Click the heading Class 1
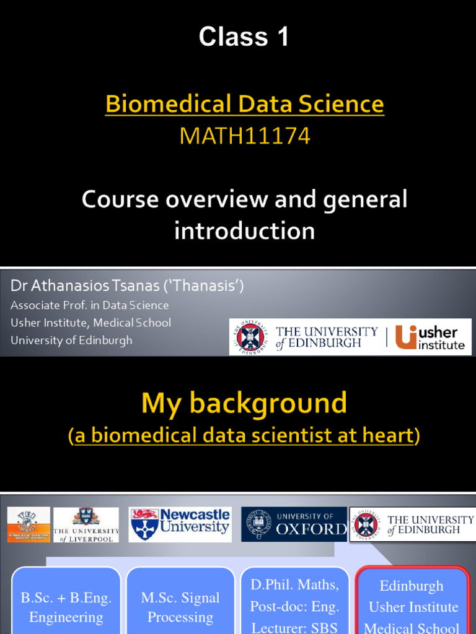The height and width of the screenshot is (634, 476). tap(244, 38)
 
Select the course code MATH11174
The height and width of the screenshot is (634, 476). tap(244, 136)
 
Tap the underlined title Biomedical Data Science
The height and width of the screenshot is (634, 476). tap(244, 104)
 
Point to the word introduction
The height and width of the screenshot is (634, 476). tap(244, 231)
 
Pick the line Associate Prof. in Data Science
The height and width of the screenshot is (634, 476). tap(90, 305)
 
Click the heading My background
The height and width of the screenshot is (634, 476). tap(244, 404)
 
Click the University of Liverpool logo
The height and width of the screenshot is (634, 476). tap(86, 525)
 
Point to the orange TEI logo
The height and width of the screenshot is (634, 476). tap(29, 525)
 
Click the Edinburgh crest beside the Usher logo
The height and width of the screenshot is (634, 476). tap(250, 337)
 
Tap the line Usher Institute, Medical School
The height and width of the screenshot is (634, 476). tap(91, 323)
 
